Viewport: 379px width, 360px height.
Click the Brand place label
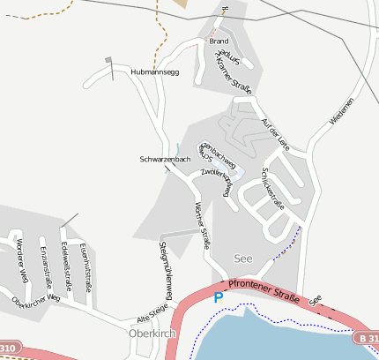click(219, 41)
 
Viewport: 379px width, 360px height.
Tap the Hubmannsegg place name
click(154, 71)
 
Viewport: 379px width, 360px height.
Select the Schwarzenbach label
click(165, 159)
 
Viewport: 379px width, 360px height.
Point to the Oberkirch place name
click(148, 334)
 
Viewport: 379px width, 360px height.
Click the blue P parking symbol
click(219, 298)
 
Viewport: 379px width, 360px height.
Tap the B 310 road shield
click(367, 338)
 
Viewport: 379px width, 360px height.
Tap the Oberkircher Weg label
click(35, 299)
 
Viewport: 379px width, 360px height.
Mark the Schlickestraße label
click(273, 188)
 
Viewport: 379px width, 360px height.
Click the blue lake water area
click(282, 335)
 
